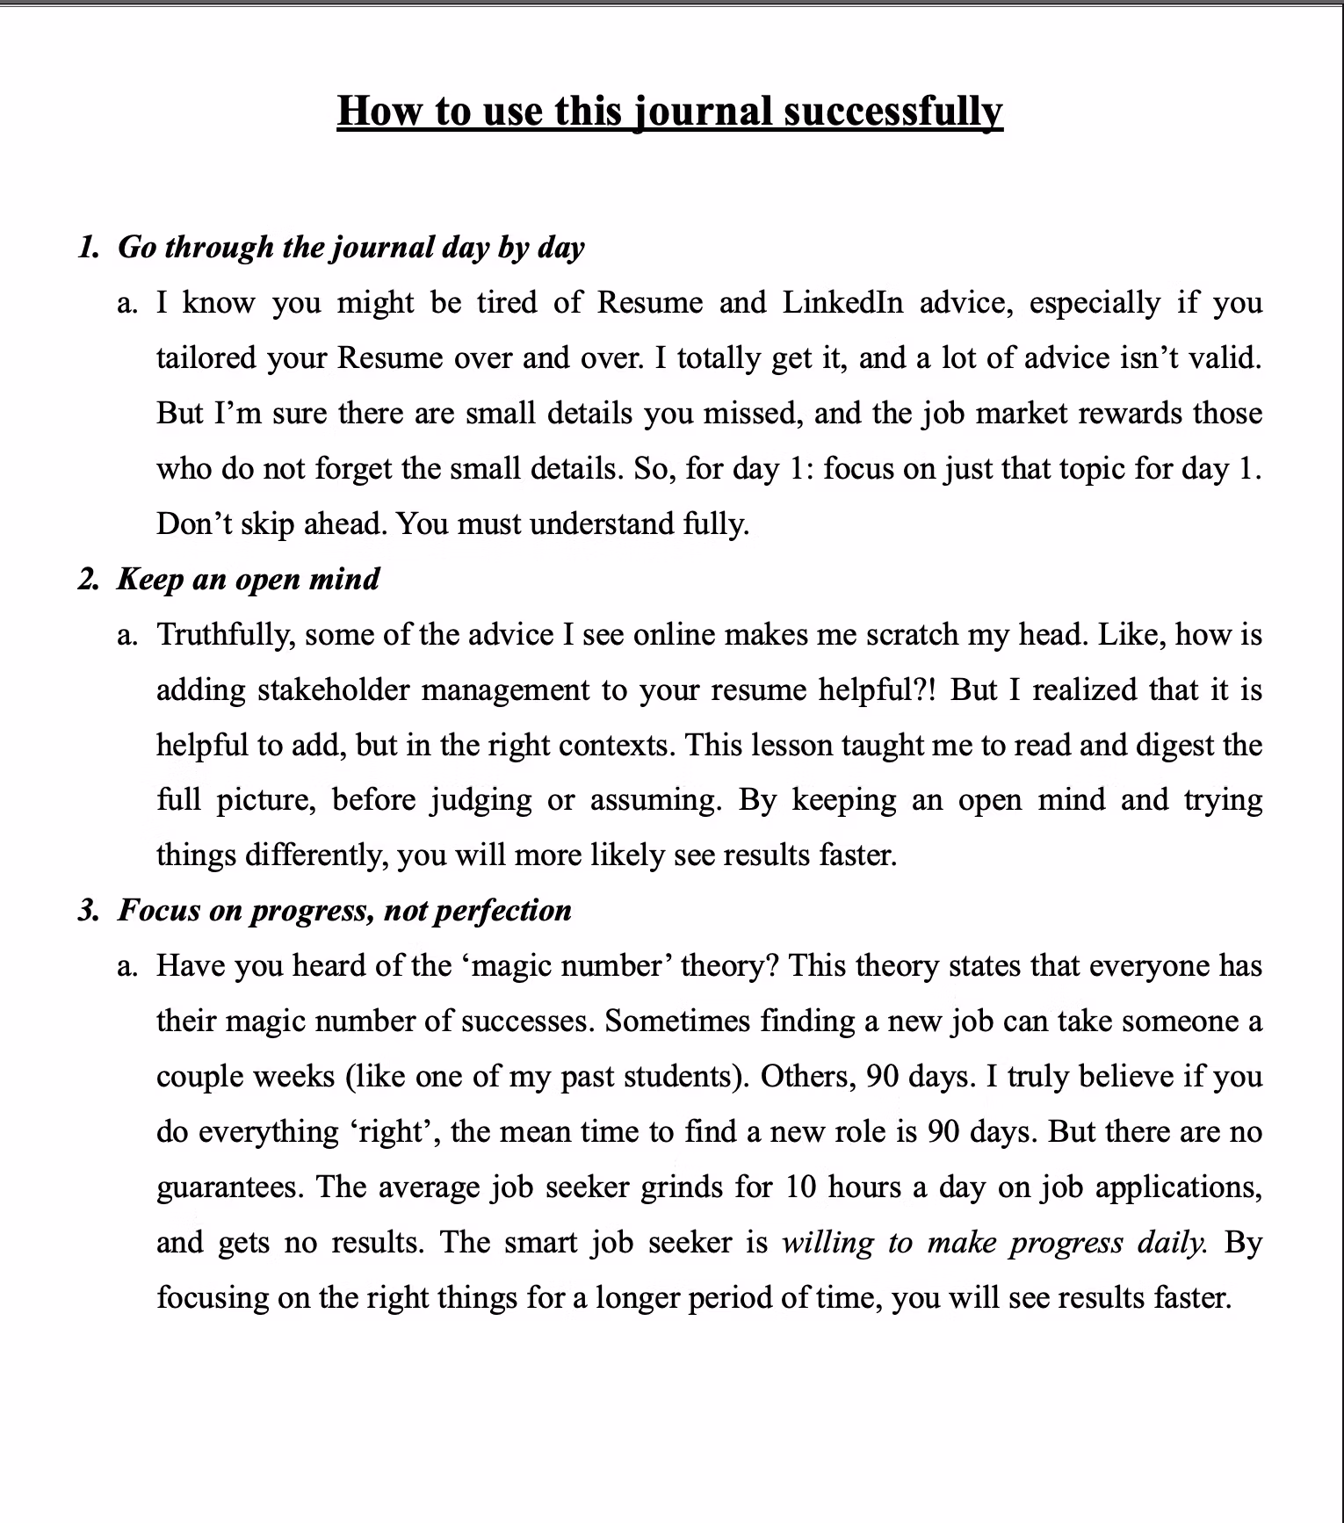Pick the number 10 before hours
800,1187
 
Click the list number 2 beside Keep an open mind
88,580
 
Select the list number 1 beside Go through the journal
87,248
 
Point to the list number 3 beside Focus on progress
88,911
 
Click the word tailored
205,357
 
